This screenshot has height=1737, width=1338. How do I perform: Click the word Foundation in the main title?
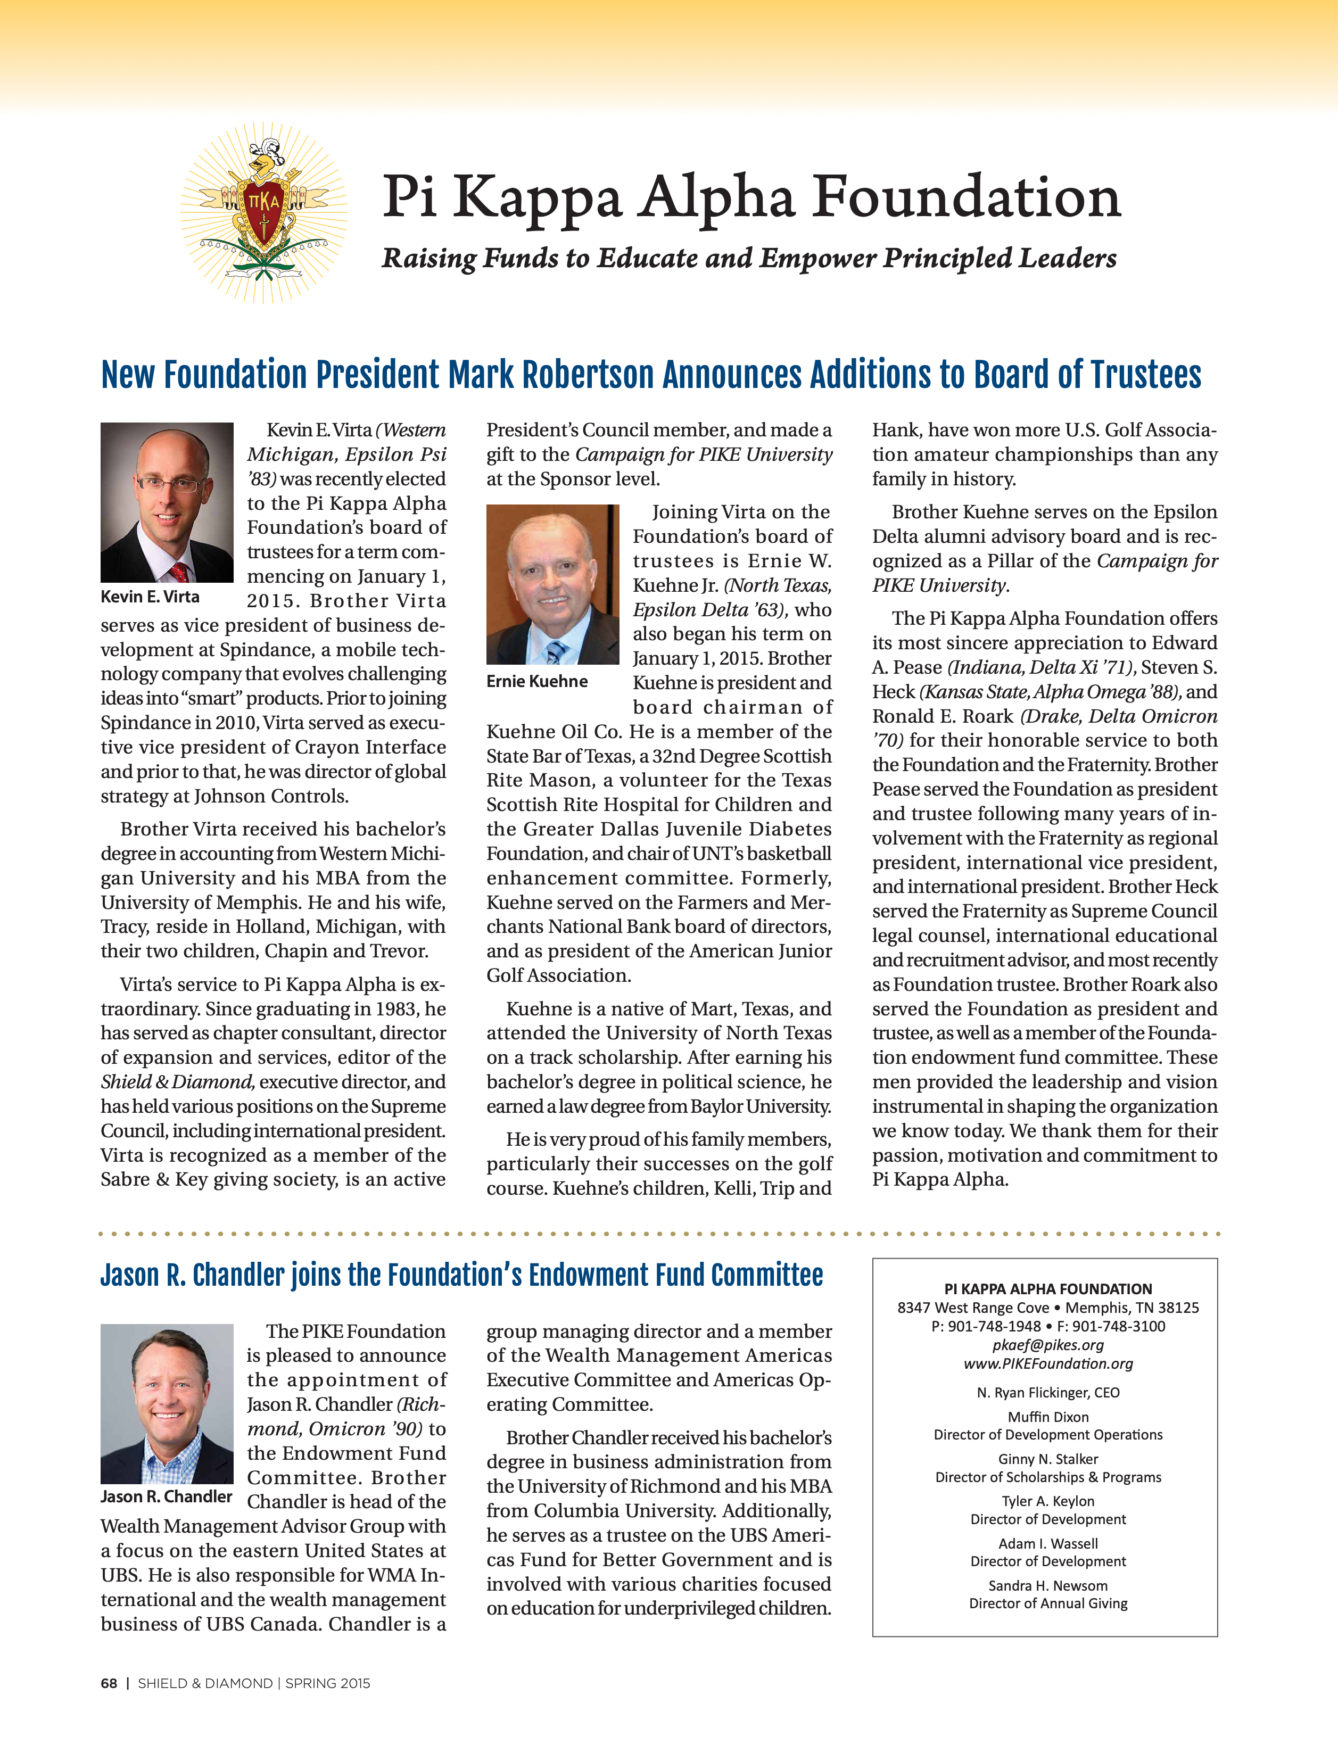[x=966, y=197]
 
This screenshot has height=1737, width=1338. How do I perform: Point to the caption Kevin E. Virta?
[x=150, y=597]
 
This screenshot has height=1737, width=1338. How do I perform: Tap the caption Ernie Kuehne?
[x=537, y=682]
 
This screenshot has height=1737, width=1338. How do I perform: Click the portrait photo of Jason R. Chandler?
[x=167, y=1403]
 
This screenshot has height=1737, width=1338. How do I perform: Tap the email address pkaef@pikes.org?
[x=1047, y=1345]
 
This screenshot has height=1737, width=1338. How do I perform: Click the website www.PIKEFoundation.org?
[x=1047, y=1363]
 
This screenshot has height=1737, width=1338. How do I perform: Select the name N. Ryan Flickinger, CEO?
[x=1047, y=1393]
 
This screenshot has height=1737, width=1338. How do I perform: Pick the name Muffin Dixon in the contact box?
[x=1047, y=1417]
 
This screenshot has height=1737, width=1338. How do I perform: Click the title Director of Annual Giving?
[x=1047, y=1603]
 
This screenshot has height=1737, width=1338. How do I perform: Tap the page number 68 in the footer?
[x=109, y=1683]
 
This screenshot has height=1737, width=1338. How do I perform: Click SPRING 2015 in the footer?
[x=328, y=1683]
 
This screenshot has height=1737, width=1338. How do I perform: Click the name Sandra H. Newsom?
[x=1047, y=1585]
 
